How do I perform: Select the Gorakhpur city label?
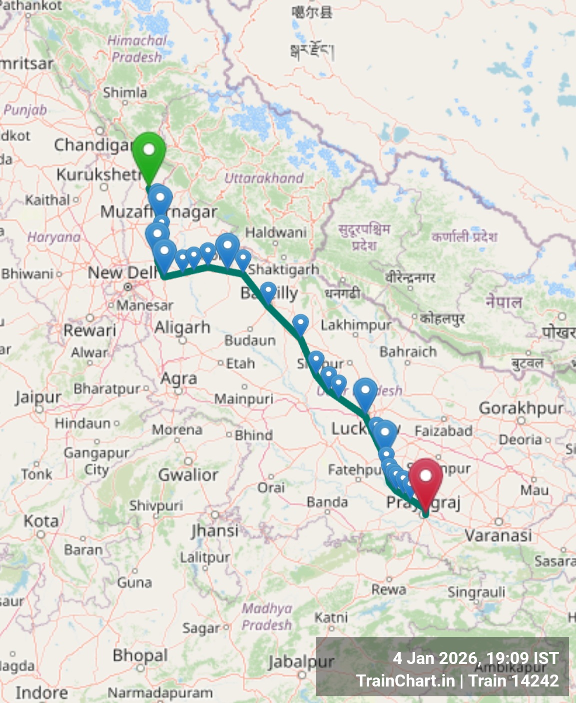click(521, 408)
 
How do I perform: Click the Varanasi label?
click(498, 535)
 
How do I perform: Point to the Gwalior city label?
click(188, 474)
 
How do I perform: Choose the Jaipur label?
click(38, 398)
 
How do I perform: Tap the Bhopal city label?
click(140, 655)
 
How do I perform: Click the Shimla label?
click(125, 92)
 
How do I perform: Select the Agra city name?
click(178, 378)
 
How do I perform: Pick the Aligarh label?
click(182, 327)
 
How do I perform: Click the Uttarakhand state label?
click(264, 178)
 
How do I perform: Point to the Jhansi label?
click(215, 530)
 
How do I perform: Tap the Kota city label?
click(41, 521)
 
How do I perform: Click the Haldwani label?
click(276, 232)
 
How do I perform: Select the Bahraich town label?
click(408, 352)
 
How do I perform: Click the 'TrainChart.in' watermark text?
click(405, 680)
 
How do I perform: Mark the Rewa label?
click(388, 589)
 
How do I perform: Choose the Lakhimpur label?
click(356, 325)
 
